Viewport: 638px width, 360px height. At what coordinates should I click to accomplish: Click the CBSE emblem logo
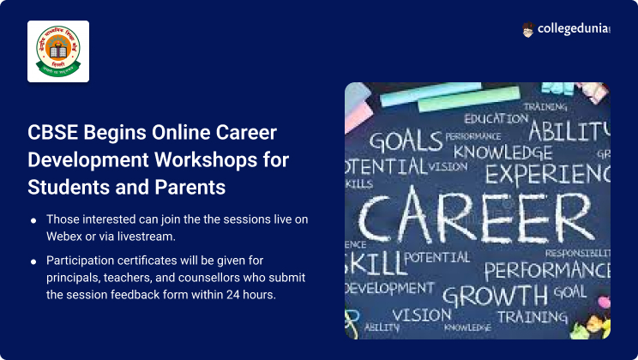point(58,51)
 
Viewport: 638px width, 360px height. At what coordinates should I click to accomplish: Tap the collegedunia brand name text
point(575,30)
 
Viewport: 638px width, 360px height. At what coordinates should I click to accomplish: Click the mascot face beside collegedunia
point(528,30)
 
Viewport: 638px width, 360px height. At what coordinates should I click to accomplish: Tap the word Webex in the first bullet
point(67,235)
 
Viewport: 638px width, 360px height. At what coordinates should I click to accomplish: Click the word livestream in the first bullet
point(147,235)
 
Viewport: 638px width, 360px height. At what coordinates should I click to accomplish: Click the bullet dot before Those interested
point(33,220)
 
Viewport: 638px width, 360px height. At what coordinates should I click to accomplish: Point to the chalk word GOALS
point(406,141)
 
